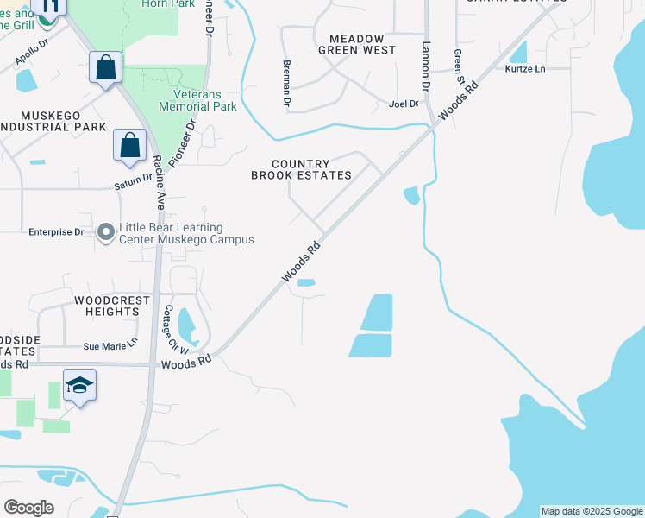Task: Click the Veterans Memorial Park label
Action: coord(197,100)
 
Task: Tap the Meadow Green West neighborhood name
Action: coord(357,43)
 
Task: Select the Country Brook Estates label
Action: coord(301,169)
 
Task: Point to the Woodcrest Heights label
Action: coord(106,306)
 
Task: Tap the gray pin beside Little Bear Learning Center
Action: coord(106,232)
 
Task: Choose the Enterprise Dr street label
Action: coord(56,232)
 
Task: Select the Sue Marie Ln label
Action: coord(110,345)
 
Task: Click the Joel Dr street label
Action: coord(404,104)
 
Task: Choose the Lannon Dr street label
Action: coord(425,67)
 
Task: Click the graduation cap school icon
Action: coord(79,385)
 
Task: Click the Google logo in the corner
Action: coord(29,508)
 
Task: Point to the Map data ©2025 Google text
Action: coord(591,511)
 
